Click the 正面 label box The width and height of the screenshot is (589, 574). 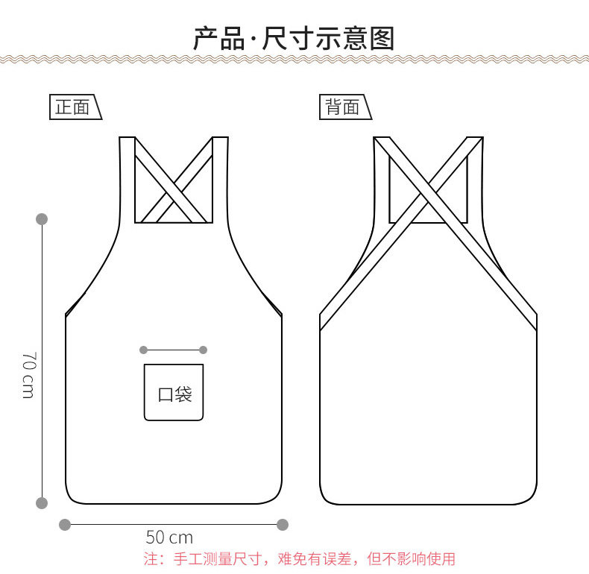pos(73,107)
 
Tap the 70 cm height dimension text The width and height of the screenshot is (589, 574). pos(28,374)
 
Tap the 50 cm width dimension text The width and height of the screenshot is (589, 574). pos(169,537)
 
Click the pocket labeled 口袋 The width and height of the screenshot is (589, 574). pos(174,393)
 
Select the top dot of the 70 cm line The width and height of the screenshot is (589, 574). pos(42,219)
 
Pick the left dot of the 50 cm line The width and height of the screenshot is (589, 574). pos(65,525)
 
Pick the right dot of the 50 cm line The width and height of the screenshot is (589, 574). pos(283,525)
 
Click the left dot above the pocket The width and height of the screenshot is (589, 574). pos(143,349)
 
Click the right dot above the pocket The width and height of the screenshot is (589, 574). pos(204,349)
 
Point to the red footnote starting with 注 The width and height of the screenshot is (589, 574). pos(299,558)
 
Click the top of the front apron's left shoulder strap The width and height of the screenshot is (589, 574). pos(127,139)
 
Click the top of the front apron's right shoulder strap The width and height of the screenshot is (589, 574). pos(220,139)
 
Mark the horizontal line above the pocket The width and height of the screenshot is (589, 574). pos(173,349)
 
